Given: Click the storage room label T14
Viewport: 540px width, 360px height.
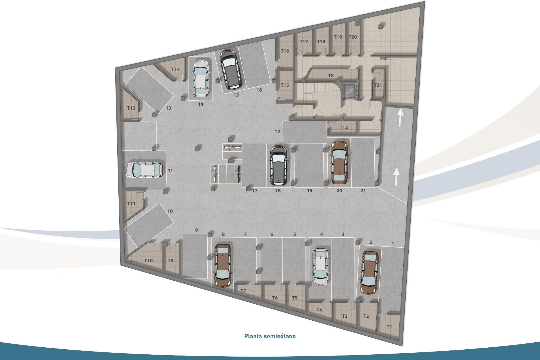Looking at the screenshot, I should pyautogui.click(x=175, y=69).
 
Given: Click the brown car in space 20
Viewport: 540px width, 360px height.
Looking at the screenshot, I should pyautogui.click(x=339, y=162).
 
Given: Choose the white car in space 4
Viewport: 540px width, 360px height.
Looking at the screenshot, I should pyautogui.click(x=321, y=267).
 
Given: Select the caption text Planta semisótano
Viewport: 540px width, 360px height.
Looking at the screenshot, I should pyautogui.click(x=270, y=336).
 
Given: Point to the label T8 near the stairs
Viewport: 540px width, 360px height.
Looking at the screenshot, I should pyautogui.click(x=331, y=76).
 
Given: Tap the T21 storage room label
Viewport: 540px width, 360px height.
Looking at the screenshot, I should pyautogui.click(x=378, y=85).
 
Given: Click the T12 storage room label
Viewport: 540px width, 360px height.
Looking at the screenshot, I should pyautogui.click(x=343, y=127).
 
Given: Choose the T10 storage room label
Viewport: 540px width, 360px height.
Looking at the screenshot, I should pyautogui.click(x=148, y=260).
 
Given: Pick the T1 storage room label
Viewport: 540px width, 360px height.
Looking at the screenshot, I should pyautogui.click(x=389, y=327).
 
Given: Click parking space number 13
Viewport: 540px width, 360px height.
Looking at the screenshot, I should pyautogui.click(x=168, y=108).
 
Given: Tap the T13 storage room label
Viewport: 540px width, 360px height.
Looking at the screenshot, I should pyautogui.click(x=131, y=108).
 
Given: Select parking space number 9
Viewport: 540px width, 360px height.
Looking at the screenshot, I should pyautogui.click(x=196, y=230).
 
